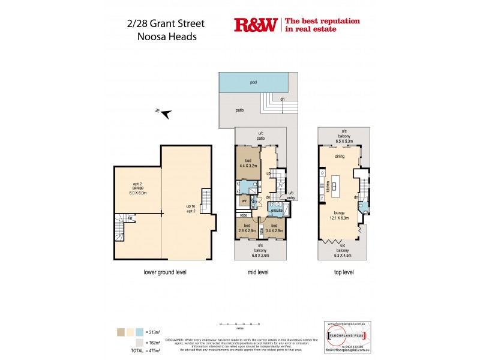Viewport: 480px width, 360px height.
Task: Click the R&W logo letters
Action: pos(256,25)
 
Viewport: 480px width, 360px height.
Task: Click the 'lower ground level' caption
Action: pos(165,272)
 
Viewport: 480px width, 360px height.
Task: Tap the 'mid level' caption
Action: pos(258,272)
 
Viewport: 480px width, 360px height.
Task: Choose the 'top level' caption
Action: pos(344,272)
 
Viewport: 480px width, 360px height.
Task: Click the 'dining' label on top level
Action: pos(340,156)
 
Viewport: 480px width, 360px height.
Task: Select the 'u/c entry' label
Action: pos(291,194)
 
